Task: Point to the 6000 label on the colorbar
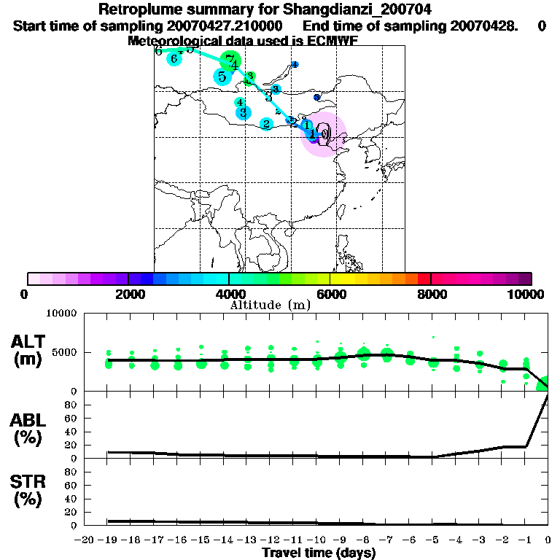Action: tap(330, 295)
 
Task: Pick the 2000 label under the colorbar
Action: tap(128, 295)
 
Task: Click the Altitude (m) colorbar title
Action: tap(270, 305)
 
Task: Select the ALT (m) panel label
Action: tap(30, 350)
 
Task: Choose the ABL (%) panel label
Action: tap(30, 429)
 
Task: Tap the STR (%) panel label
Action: tap(30, 491)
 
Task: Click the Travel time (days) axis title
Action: tap(319, 553)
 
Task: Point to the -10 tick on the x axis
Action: tap(318, 540)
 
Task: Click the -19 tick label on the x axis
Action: tap(109, 540)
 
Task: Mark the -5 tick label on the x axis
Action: tap(434, 540)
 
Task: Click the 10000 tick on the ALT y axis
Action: tap(63, 314)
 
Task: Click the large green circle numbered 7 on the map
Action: tap(230, 61)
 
